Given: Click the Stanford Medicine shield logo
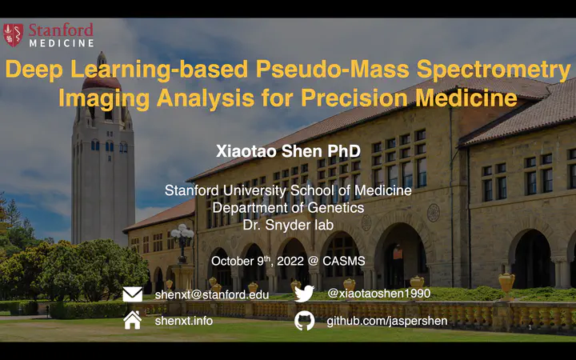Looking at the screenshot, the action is pos(13,35).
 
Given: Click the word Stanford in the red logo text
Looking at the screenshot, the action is pos(61,30).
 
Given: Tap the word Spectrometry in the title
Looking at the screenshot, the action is pos(494,69).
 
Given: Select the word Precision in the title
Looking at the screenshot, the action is pos(353,98).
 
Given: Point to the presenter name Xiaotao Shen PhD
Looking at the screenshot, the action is pos(288,151).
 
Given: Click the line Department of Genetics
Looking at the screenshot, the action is pos(288,208).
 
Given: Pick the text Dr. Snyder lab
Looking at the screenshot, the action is pos(288,225).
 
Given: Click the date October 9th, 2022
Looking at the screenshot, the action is pos(257,261).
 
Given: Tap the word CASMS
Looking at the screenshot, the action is pos(344,261).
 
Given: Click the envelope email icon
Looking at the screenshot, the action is pos(132,294).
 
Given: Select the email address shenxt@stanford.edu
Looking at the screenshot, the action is pos(211,294).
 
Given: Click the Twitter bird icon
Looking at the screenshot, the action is pos(304,294).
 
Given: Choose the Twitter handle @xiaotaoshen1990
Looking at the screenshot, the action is pos(378,293).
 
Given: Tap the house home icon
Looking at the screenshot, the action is pos(133,320).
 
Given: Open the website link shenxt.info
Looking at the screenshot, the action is pos(184,321).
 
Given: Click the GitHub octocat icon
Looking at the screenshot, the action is pos(305,320).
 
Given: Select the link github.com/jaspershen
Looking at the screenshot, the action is pos(387,321).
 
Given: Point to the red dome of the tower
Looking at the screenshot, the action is pos(102,82).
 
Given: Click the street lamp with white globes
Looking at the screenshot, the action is pos(182,243).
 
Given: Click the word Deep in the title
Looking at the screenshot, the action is pos(34,70).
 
